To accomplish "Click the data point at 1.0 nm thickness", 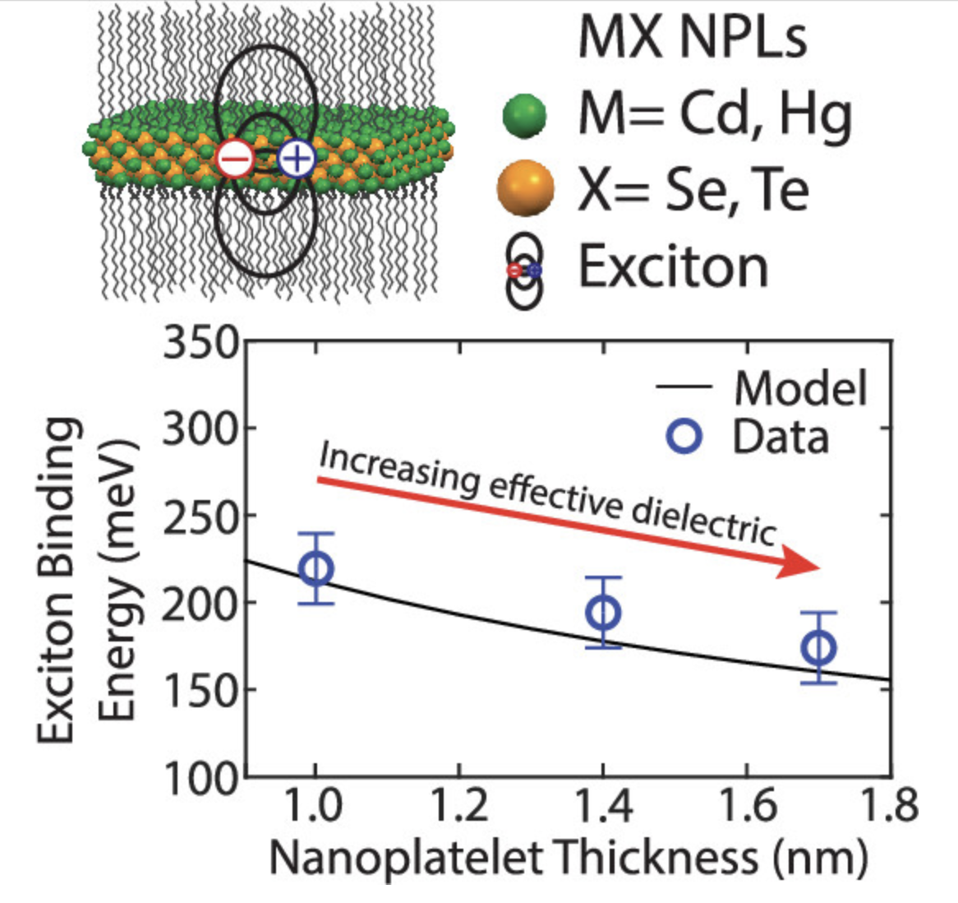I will click(316, 568).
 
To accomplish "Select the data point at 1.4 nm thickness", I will click(603, 613).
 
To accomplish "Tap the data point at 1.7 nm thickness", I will click(818, 648).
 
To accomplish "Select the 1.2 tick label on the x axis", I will click(458, 806).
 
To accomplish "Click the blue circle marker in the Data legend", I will click(684, 436).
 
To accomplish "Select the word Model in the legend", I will click(800, 387).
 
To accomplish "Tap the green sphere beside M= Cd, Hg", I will click(524, 116).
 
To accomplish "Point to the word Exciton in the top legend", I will click(674, 267).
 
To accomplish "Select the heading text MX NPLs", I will click(693, 37).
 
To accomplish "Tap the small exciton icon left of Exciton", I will click(524, 270).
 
